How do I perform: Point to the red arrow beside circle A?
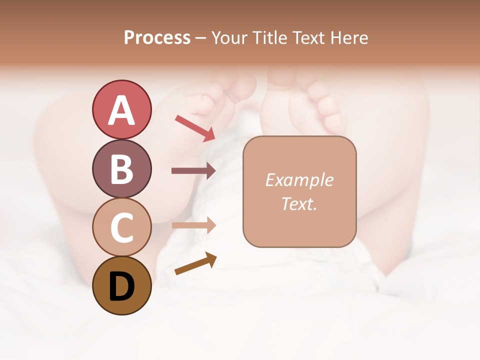(x=195, y=128)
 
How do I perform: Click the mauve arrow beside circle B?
(x=193, y=171)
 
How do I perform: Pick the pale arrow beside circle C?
(x=193, y=225)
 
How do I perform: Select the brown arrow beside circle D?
(x=195, y=263)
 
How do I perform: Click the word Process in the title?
(x=157, y=38)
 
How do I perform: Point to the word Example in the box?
(x=299, y=180)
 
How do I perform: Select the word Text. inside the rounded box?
(x=299, y=204)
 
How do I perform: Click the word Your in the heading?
(x=229, y=38)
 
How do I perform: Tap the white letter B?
(x=121, y=169)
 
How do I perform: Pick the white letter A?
(x=121, y=110)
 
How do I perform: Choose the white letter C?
(x=121, y=228)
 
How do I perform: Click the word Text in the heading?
(x=308, y=38)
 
